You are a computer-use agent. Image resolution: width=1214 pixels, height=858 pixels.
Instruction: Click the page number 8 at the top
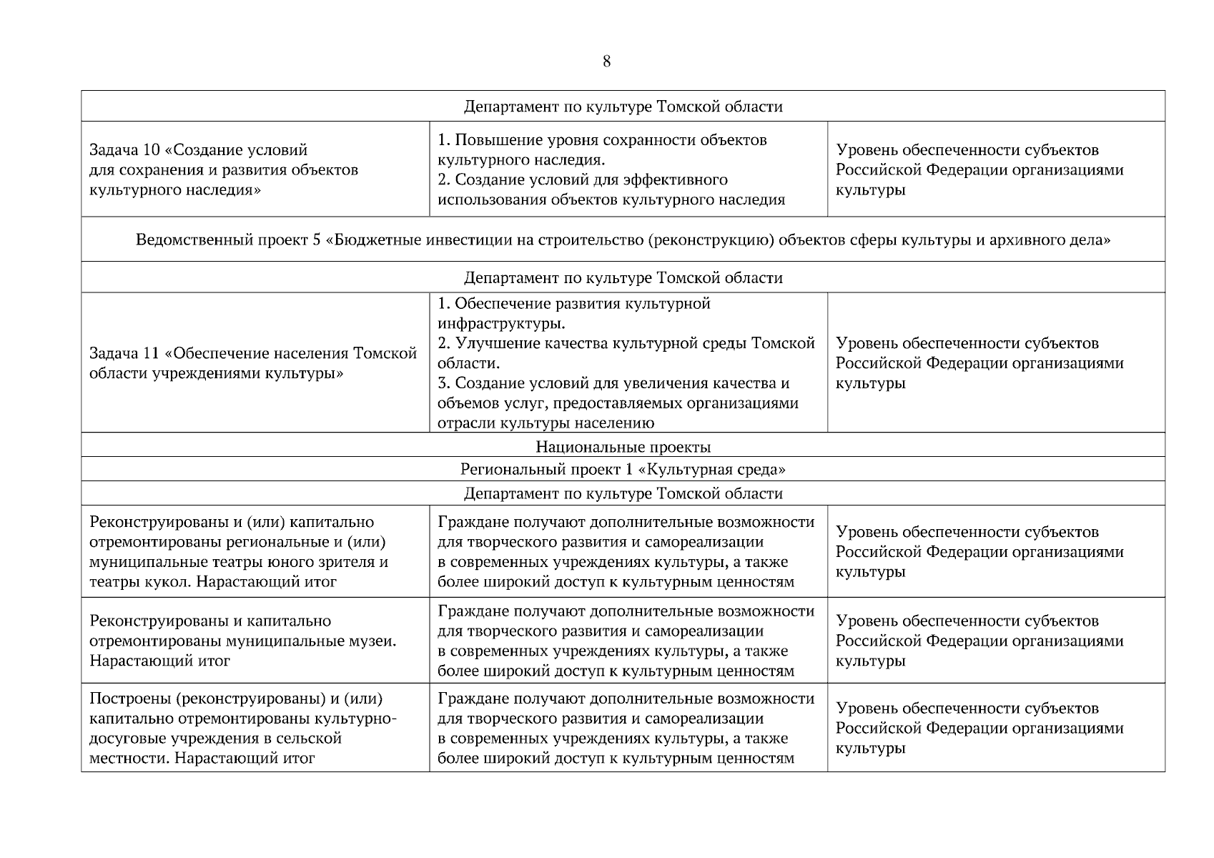(x=606, y=61)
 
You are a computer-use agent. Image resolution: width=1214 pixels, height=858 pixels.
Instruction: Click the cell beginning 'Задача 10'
(x=255, y=170)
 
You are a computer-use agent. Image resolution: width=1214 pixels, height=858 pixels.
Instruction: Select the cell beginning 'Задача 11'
(x=255, y=363)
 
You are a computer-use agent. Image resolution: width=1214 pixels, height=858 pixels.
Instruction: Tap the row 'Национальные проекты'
(x=623, y=448)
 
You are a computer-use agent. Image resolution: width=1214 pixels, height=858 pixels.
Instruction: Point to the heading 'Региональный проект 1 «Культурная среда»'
(x=623, y=470)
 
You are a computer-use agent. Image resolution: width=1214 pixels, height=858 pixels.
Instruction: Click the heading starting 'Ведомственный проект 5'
(x=623, y=240)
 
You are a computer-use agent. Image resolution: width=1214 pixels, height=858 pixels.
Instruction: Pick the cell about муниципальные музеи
(x=255, y=641)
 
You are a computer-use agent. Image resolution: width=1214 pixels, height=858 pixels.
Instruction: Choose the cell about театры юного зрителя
(x=255, y=551)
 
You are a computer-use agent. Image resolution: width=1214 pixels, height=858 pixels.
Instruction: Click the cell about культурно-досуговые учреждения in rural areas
(x=255, y=728)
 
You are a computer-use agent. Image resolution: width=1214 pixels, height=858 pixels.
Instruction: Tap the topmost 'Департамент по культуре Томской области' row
(x=623, y=107)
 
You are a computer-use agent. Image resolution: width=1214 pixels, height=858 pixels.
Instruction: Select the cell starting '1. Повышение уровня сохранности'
(x=628, y=170)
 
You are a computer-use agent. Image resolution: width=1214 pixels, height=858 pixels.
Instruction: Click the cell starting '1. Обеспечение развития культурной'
(x=628, y=363)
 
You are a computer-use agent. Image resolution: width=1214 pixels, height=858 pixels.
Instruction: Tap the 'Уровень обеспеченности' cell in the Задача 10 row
(x=995, y=170)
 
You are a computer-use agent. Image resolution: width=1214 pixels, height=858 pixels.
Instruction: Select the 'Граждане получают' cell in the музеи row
(x=628, y=641)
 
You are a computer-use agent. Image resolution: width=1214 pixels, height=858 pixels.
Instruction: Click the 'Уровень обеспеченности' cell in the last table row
(x=995, y=728)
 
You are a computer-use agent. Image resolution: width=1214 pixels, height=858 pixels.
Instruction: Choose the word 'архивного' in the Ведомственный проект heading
(x=1026, y=240)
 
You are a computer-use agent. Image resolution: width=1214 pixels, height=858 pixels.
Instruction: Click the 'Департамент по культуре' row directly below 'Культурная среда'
(x=623, y=493)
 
